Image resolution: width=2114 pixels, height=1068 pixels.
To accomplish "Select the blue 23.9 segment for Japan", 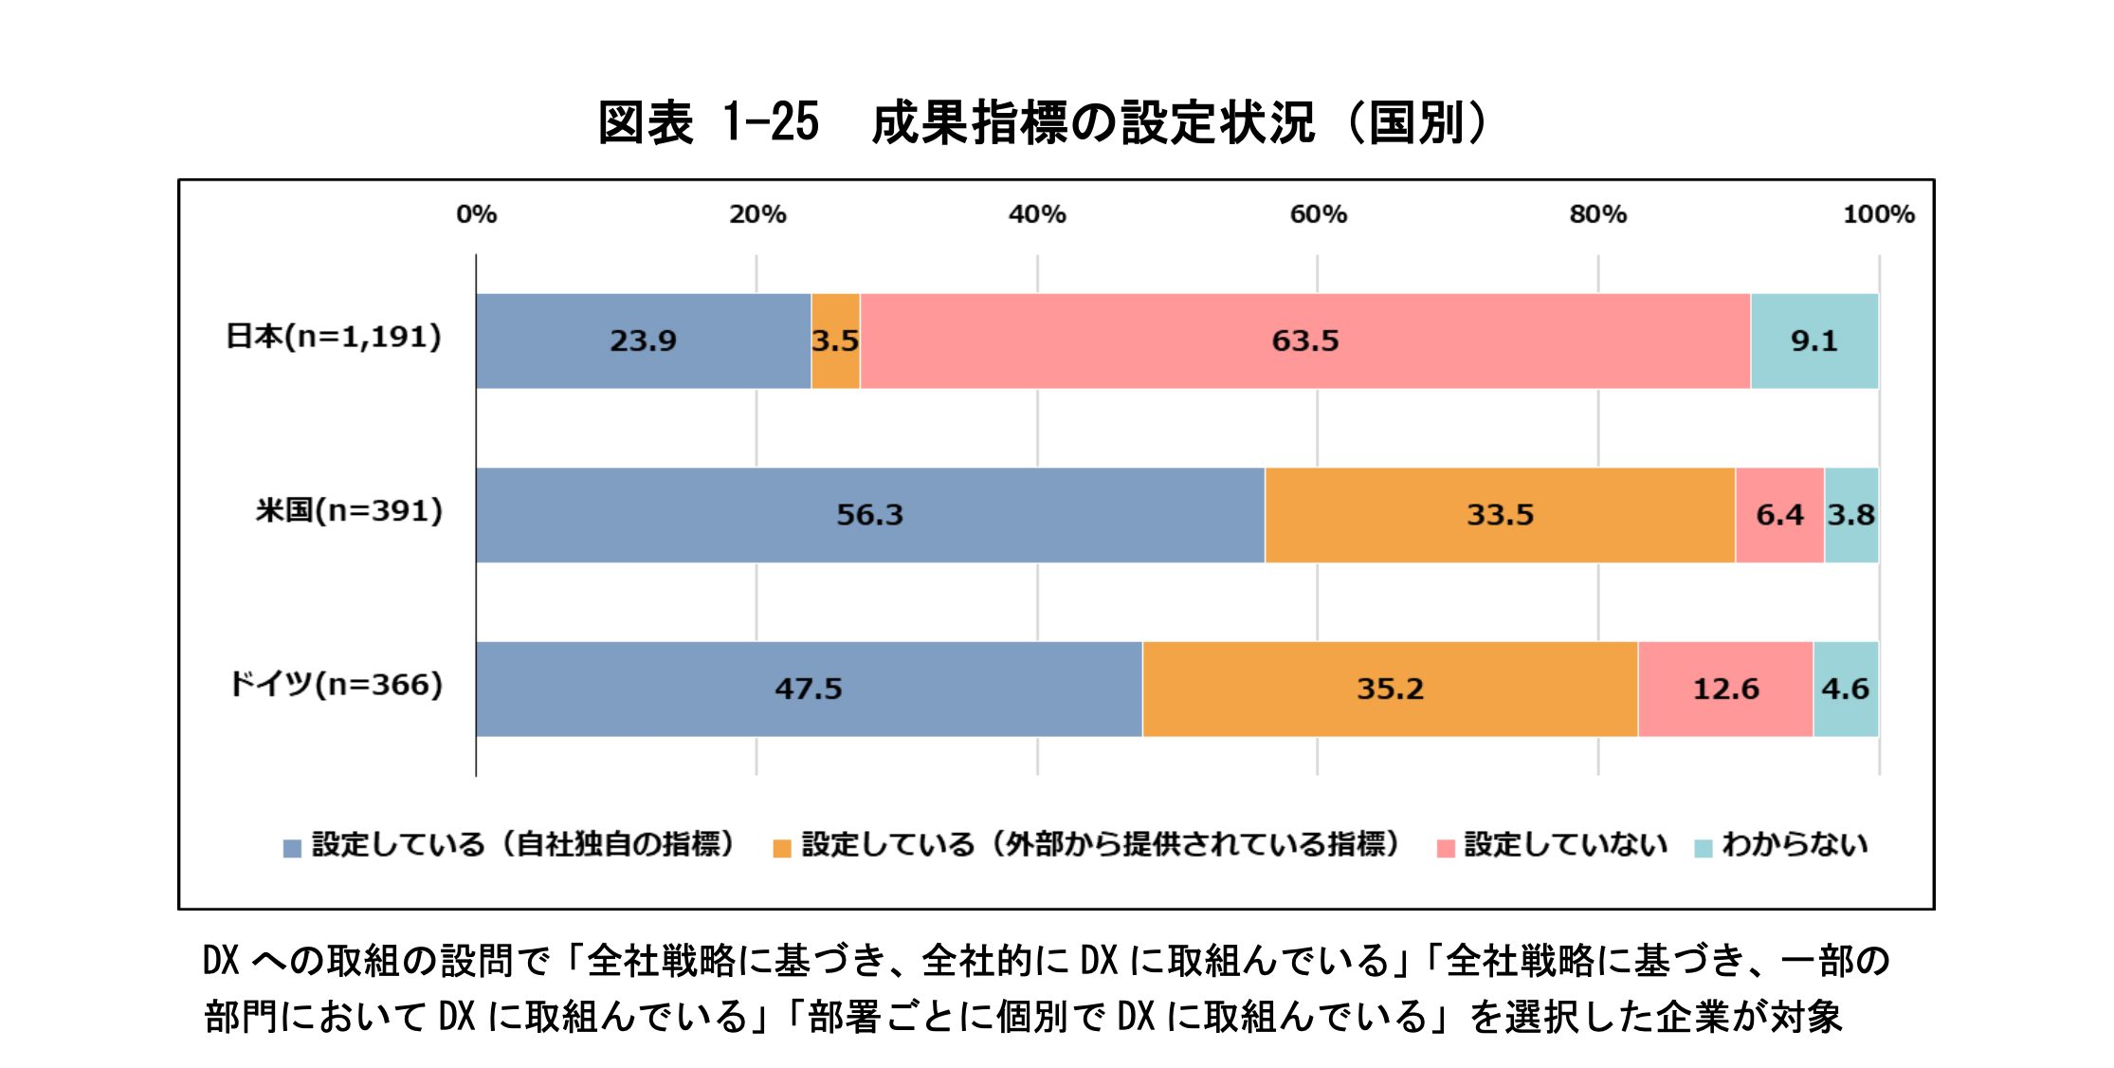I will coord(643,341).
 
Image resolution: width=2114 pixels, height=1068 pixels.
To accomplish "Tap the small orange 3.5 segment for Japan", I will coord(835,341).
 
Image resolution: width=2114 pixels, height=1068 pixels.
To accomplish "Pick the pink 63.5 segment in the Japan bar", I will coord(1304,341).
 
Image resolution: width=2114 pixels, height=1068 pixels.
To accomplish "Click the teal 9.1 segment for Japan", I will coord(1813,341).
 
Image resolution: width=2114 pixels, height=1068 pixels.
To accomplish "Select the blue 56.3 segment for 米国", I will coord(869,515).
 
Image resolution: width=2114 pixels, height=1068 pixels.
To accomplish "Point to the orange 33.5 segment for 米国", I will coord(1500,515).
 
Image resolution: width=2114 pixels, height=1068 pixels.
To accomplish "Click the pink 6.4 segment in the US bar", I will coord(1779,515).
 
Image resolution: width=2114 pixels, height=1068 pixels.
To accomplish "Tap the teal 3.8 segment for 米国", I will coord(1850,515).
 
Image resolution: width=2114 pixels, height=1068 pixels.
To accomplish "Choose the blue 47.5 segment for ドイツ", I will coord(808,689).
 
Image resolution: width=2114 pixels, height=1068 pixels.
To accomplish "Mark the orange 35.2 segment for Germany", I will coord(1390,689).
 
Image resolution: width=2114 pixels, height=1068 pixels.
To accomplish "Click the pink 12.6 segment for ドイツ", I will coord(1725,689).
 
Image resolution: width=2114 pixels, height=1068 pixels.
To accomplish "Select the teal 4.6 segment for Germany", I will coord(1845,689).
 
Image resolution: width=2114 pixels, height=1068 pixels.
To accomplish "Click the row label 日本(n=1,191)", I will coord(334,337).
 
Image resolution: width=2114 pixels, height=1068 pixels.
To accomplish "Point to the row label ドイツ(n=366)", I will coord(336,685).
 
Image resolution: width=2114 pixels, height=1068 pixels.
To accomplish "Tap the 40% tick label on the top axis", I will coord(1037,214).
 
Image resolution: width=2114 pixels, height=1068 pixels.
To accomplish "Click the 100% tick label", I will coord(1878,214).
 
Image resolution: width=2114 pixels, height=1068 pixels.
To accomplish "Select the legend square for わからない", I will coord(1703,848).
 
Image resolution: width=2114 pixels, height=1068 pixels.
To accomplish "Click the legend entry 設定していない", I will coord(1564,844).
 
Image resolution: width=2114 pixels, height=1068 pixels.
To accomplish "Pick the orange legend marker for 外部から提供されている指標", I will coord(782,848).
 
